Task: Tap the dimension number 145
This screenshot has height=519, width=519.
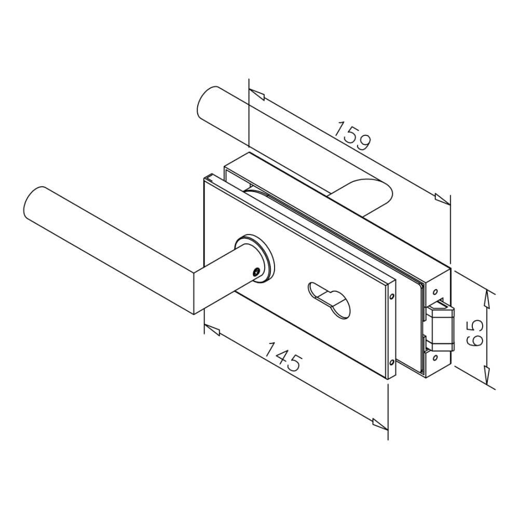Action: pos(283,357)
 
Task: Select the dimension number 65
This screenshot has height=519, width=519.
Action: pos(474,333)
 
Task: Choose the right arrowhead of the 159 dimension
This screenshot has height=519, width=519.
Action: pos(442,199)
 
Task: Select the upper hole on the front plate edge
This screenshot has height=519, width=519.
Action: pos(391,298)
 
